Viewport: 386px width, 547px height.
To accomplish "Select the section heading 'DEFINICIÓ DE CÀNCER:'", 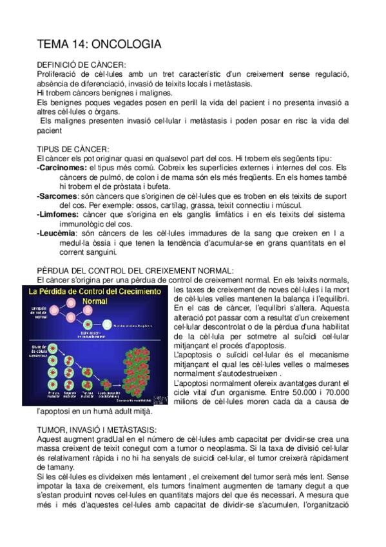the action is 81,65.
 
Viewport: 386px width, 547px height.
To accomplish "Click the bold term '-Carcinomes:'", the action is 62,167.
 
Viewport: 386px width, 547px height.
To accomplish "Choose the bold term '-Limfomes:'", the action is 59,212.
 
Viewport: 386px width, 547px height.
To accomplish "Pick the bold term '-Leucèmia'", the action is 57,231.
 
